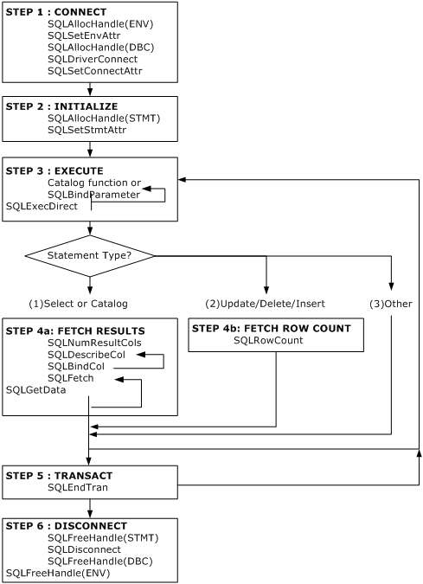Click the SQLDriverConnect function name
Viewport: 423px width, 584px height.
(93, 59)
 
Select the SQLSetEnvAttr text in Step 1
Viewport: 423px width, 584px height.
(84, 35)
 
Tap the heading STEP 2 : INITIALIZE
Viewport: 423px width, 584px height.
(61, 106)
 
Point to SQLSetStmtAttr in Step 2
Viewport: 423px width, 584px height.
(87, 130)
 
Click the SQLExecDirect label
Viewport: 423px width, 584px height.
(42, 206)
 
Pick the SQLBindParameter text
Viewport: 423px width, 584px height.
(93, 195)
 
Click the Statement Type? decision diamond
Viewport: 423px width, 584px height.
(90, 256)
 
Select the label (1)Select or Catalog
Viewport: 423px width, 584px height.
(78, 304)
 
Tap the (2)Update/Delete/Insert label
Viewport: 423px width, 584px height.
(265, 304)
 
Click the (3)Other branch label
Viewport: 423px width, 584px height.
(391, 304)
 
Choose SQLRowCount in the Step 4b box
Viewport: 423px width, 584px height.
(268, 340)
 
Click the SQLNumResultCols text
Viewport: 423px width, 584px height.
(94, 343)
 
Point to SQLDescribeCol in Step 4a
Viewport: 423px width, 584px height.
(87, 355)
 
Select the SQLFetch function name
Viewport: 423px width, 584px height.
(71, 378)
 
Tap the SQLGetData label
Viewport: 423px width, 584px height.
(35, 390)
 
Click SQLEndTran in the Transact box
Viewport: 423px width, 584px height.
(78, 488)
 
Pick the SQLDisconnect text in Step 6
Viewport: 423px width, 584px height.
(84, 549)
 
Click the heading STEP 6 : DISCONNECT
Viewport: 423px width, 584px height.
(67, 526)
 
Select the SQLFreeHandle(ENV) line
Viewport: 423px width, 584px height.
(58, 574)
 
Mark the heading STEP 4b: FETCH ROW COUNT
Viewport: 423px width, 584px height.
(272, 329)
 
